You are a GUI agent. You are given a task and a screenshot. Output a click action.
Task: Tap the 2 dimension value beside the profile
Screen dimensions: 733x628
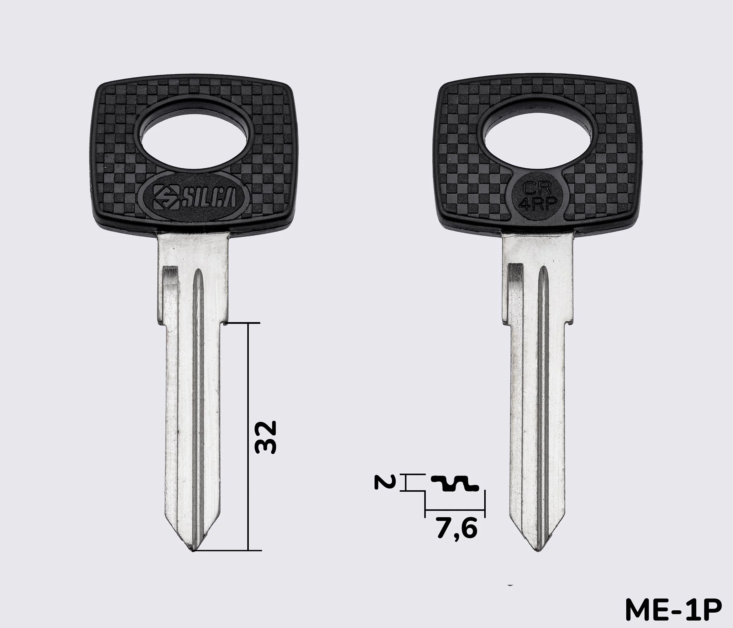pos(383,482)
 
